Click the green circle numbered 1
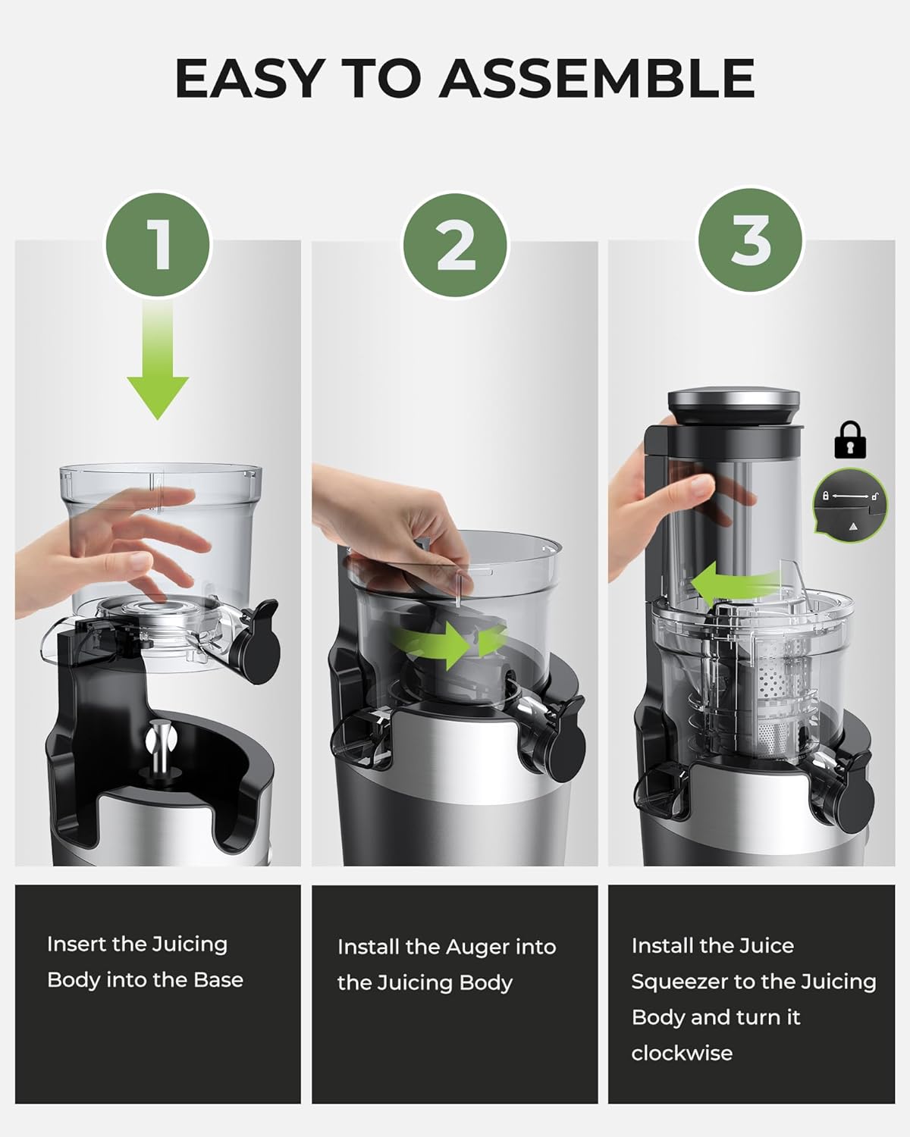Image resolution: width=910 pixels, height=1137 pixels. click(x=158, y=245)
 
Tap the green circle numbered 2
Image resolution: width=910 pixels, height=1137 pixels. click(x=455, y=245)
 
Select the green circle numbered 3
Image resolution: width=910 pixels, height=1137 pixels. click(x=750, y=240)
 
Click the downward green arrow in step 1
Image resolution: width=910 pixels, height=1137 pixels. click(x=158, y=359)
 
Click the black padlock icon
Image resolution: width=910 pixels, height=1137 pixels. click(x=850, y=440)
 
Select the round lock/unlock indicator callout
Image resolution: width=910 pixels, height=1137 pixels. click(x=850, y=506)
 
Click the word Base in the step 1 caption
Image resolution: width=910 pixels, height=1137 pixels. click(x=218, y=980)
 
